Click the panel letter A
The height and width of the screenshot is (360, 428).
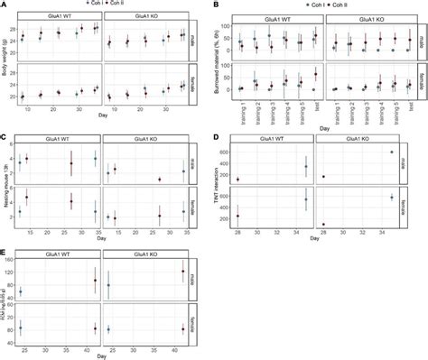pos(5,5)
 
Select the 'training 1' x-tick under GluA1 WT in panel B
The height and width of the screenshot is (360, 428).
pos(241,114)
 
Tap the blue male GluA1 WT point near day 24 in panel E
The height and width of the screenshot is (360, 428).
pos(21,291)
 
